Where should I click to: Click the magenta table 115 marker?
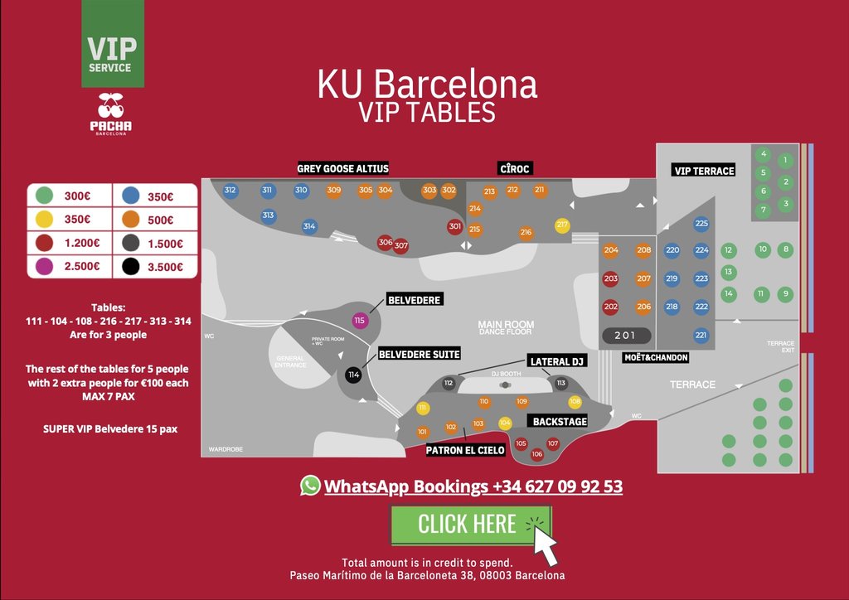(x=360, y=321)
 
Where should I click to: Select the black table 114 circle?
(x=354, y=375)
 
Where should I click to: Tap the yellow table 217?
(x=562, y=225)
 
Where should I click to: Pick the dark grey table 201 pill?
(x=627, y=336)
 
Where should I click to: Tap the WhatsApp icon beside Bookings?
(x=310, y=486)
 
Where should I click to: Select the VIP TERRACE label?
(x=704, y=171)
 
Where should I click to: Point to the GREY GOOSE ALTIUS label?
(x=342, y=168)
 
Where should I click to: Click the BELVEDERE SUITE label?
(x=419, y=354)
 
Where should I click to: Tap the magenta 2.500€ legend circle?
(x=45, y=267)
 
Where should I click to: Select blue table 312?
(x=230, y=191)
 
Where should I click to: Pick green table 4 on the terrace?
(x=764, y=154)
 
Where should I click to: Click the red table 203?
(x=611, y=279)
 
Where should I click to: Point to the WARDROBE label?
(x=226, y=449)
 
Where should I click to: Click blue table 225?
(x=701, y=223)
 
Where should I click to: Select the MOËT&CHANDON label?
(x=656, y=357)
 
